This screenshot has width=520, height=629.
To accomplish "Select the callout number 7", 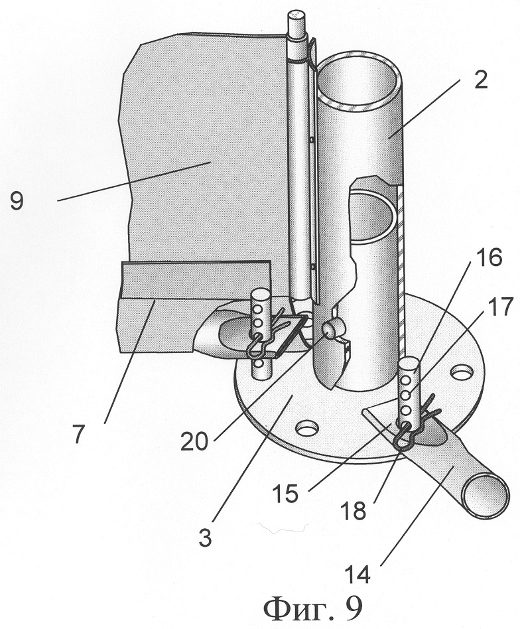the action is [x=79, y=434].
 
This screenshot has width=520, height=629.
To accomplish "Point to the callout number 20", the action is [x=194, y=442].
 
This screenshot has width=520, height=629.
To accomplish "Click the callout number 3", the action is [x=205, y=537].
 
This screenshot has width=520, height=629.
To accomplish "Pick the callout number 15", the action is [x=285, y=493].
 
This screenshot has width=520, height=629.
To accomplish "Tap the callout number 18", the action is [x=354, y=511].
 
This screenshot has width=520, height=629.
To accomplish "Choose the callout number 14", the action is [x=358, y=575].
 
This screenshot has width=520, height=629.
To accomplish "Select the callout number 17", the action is [x=500, y=307].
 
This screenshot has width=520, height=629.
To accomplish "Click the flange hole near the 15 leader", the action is [x=306, y=429].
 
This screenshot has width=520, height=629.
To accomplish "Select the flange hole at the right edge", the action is [x=462, y=372].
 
